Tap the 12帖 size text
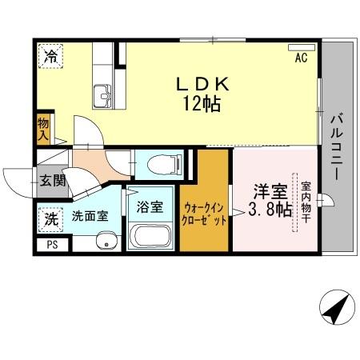click(x=203, y=104)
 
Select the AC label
click(x=301, y=58)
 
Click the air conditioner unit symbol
click(x=301, y=46)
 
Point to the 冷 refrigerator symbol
click(x=50, y=56)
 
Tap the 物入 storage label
click(x=43, y=129)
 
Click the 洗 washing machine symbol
click(x=50, y=216)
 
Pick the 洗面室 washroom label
click(x=90, y=216)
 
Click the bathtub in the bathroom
click(x=150, y=236)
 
